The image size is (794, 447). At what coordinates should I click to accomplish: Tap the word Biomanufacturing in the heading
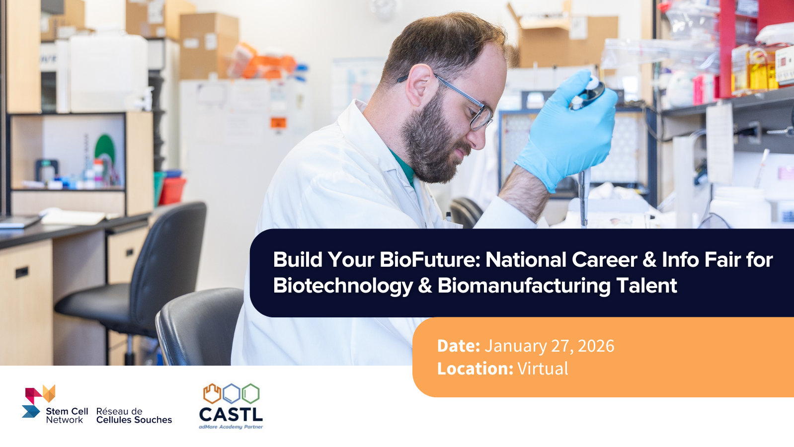pyautogui.click(x=524, y=286)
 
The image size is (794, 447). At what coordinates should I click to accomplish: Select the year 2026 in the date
pyautogui.click(x=596, y=346)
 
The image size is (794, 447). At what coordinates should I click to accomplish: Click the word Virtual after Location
pyautogui.click(x=543, y=369)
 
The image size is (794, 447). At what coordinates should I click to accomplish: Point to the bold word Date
pyautogui.click(x=458, y=346)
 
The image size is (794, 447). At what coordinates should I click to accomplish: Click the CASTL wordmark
pyautogui.click(x=231, y=414)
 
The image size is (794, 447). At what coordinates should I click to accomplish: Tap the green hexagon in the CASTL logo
pyautogui.click(x=250, y=393)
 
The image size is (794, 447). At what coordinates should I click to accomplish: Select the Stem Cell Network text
pyautogui.click(x=67, y=416)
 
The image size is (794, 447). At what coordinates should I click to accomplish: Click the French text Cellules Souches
pyautogui.click(x=134, y=420)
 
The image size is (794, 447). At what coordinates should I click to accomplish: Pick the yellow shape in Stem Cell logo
pyautogui.click(x=49, y=393)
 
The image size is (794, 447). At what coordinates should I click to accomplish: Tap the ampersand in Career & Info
pyautogui.click(x=649, y=260)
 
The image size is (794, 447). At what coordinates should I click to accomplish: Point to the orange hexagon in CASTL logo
pyautogui.click(x=212, y=393)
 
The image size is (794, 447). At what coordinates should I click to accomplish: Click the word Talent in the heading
pyautogui.click(x=646, y=286)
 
